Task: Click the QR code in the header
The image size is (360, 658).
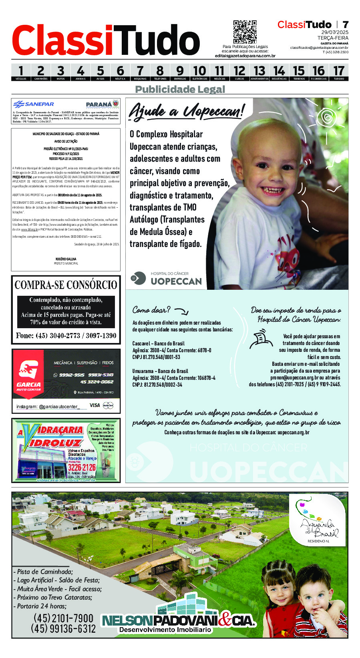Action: click(245, 32)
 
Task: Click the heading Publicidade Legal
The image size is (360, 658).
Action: click(180, 89)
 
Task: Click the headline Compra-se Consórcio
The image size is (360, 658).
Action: click(66, 285)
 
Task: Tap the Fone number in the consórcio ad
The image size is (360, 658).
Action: click(66, 336)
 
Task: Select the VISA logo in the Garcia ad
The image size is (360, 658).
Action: click(95, 405)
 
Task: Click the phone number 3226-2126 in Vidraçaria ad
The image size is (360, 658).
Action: click(82, 467)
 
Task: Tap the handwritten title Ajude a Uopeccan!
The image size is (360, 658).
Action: click(186, 111)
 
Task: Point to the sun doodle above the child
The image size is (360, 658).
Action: click(327, 117)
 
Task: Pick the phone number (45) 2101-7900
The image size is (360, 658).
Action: click(63, 618)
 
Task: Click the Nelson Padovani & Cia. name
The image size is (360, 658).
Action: click(179, 621)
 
